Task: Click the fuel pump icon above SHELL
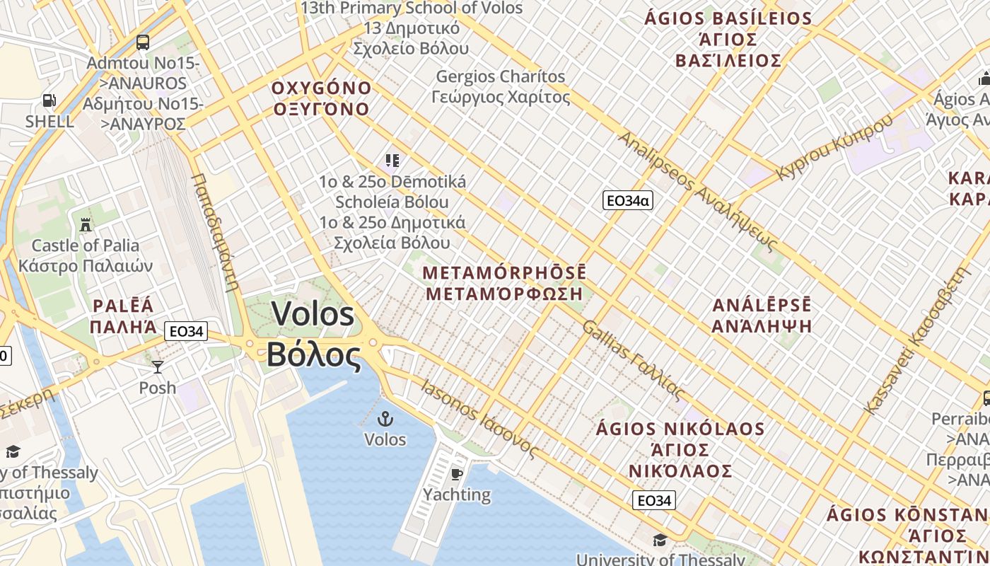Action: pyautogui.click(x=49, y=100)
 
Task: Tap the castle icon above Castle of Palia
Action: pyautogui.click(x=86, y=225)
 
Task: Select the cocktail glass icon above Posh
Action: pyautogui.click(x=157, y=366)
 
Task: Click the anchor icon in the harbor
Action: pyautogui.click(x=385, y=418)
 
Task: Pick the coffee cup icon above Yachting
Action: pyautogui.click(x=457, y=473)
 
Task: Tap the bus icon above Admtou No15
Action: pyautogui.click(x=143, y=42)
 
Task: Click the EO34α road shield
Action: pyautogui.click(x=627, y=201)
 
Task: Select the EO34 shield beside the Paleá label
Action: pyautogui.click(x=186, y=330)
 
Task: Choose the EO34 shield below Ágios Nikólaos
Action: pyautogui.click(x=653, y=501)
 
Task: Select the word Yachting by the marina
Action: pyautogui.click(x=457, y=495)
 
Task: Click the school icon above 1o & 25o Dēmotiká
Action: pyautogui.click(x=392, y=161)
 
